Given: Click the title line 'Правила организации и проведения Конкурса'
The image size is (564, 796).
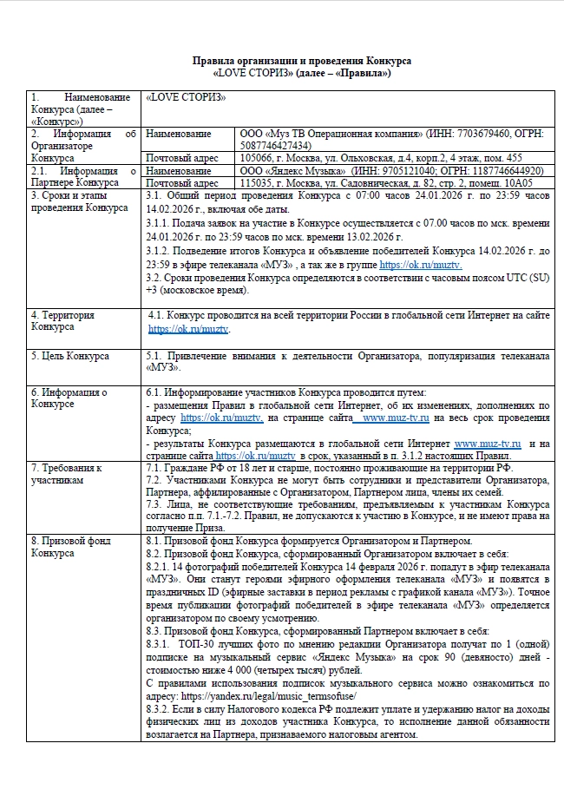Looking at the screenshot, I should pos(300,61).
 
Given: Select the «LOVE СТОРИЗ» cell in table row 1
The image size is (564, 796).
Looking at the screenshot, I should pos(187,97).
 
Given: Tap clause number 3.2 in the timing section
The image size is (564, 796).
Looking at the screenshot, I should pos(156,278).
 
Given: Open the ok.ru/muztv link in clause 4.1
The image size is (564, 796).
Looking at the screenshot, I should pos(189,329).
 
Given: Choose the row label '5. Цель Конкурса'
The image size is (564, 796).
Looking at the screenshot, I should pos(69,356).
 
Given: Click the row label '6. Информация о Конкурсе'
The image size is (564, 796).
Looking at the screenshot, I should pos(69,398).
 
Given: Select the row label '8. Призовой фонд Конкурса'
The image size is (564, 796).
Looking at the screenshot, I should pos(70,548).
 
